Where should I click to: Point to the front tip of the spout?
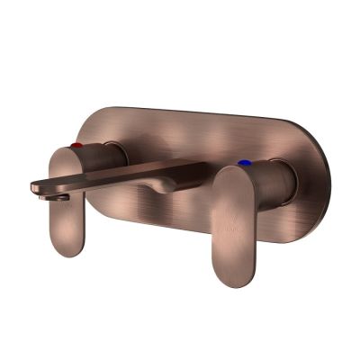coord(36,186)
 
